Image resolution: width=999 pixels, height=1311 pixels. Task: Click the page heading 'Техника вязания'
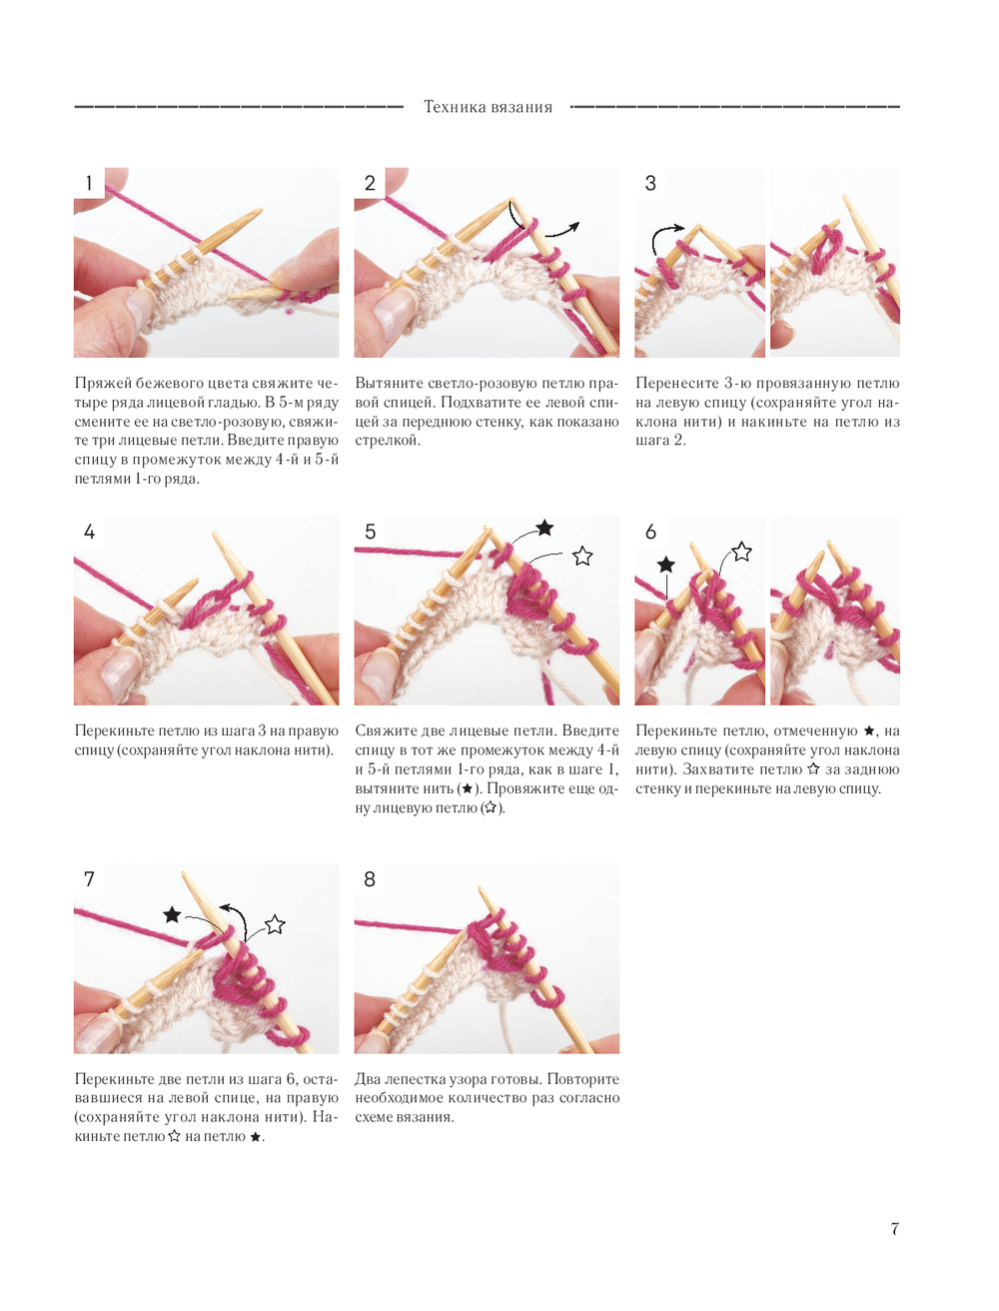pos(488,107)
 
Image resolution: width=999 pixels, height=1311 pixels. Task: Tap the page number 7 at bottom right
pos(894,1229)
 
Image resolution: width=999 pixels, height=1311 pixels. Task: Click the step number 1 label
pos(89,183)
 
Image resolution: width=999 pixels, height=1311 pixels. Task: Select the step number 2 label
pos(370,183)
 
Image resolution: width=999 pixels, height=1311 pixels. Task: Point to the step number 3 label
pos(650,183)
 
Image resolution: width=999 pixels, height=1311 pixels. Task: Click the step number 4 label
pos(89,532)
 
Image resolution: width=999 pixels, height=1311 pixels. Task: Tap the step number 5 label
pos(370,532)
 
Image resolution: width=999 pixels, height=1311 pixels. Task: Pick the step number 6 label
pos(650,532)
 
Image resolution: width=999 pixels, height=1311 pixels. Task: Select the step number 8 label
pos(370,879)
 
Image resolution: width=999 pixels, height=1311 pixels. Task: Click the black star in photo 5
pos(544,528)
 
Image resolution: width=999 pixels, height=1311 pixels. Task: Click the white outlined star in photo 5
pos(582,556)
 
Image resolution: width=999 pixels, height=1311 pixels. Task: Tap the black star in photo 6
pos(665,565)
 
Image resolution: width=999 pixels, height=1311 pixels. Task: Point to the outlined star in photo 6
pos(741,552)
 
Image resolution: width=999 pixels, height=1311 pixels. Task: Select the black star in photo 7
pos(172,914)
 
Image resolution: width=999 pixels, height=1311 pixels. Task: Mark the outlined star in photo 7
pos(275,924)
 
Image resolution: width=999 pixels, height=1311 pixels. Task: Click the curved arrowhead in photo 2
pos(573,227)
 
